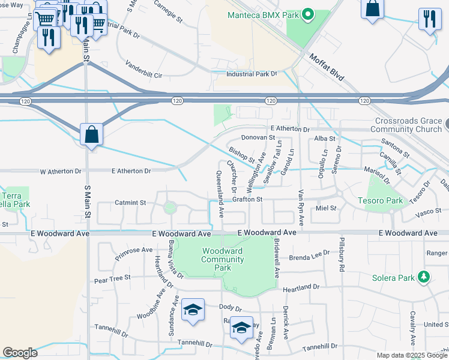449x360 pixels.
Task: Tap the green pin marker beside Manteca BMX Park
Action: [x=308, y=14]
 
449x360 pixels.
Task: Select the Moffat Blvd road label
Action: [x=327, y=67]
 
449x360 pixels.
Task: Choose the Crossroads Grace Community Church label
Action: [x=408, y=125]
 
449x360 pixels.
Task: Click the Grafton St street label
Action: [x=247, y=199]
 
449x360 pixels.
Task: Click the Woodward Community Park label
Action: [x=223, y=259]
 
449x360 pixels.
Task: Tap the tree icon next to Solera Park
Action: [x=424, y=277]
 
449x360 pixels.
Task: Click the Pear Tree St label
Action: [x=112, y=279]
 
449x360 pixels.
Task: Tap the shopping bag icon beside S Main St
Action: [x=91, y=134]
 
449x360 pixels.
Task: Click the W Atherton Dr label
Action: [x=60, y=171]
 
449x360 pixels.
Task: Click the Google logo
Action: [x=20, y=353]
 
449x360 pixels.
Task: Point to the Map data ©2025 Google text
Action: [x=411, y=355]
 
